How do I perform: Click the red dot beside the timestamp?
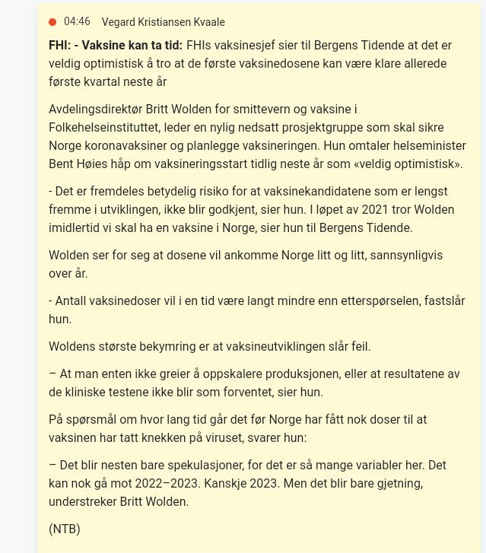52,22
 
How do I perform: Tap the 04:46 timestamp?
77,22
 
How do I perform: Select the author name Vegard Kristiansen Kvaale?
163,22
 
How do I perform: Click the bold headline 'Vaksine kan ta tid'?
129,45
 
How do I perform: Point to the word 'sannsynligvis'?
405,255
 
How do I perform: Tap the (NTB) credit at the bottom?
65,529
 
